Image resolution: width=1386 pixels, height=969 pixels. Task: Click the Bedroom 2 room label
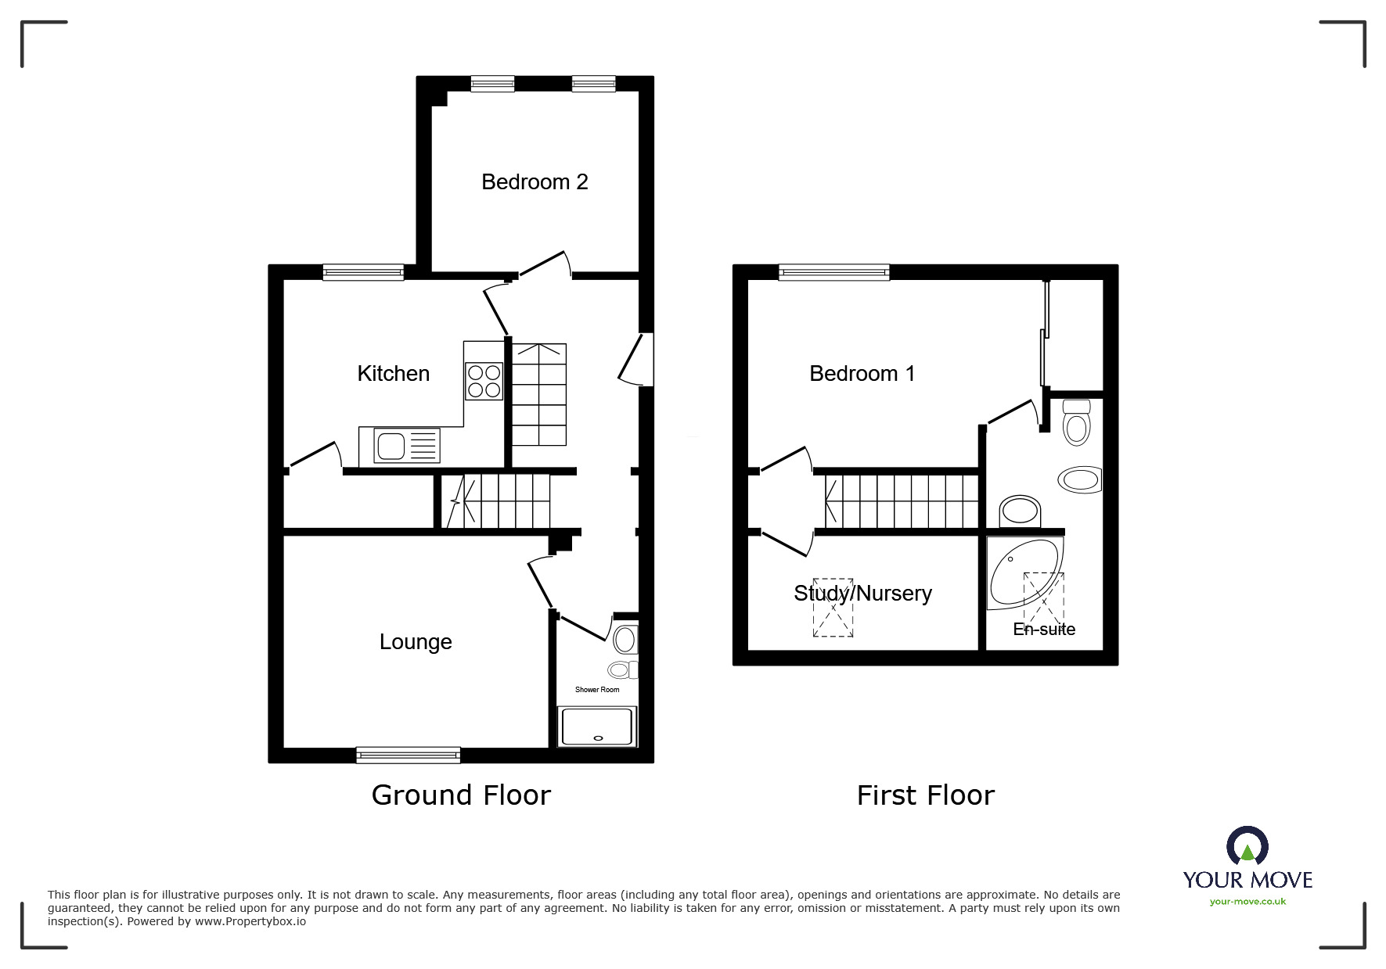[x=535, y=182]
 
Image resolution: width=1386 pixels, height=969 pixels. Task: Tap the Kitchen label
[x=393, y=374]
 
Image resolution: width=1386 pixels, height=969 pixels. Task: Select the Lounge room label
[x=416, y=642]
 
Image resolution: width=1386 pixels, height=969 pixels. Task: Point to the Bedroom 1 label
[x=862, y=374]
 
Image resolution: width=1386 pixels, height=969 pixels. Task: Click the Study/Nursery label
[x=862, y=594]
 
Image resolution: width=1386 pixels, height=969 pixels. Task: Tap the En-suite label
[x=1044, y=630]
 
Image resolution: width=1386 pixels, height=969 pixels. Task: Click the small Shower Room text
[x=597, y=690]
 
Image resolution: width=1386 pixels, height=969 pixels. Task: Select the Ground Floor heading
[x=461, y=795]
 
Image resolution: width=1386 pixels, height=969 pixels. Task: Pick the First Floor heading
[x=925, y=796]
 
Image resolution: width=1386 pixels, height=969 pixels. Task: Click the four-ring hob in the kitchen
[x=484, y=382]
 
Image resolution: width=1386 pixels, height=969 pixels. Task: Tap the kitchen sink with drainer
[x=399, y=447]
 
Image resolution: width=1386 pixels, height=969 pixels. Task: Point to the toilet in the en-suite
[x=1077, y=422]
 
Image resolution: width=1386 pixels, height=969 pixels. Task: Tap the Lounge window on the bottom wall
[x=408, y=755]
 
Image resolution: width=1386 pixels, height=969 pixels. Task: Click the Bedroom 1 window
[x=834, y=272]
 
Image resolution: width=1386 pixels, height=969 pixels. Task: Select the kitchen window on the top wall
[x=363, y=272]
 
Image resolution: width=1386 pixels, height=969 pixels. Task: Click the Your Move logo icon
[x=1247, y=847]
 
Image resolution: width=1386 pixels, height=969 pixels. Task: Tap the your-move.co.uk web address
[x=1247, y=902]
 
